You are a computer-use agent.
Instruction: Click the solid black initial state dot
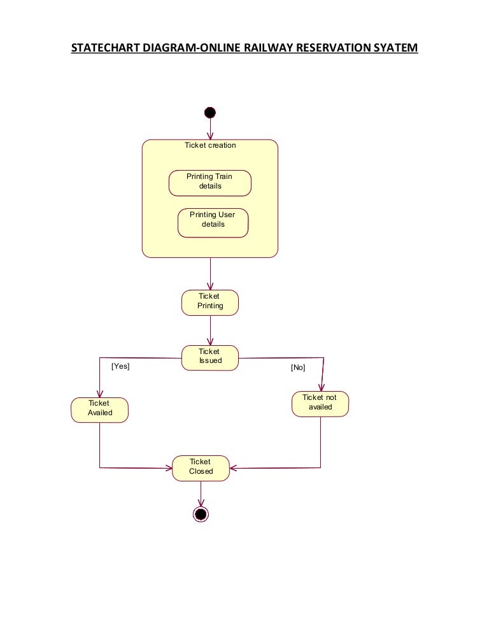coord(210,113)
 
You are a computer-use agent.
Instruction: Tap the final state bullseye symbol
coord(201,514)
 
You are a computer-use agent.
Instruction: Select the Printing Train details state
coord(210,183)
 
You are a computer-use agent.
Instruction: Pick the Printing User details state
coord(213,223)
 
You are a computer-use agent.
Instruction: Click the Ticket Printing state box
coord(210,302)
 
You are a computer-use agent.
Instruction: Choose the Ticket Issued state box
coord(210,358)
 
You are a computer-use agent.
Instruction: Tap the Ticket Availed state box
coord(100,409)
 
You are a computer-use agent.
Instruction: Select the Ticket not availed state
coord(320,404)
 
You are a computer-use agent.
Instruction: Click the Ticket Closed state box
coord(201,468)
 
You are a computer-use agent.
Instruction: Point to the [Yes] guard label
coord(120,366)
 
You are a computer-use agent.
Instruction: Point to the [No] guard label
coord(298,367)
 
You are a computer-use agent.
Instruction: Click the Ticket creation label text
coord(210,145)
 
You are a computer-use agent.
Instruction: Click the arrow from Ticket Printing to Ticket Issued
coord(210,331)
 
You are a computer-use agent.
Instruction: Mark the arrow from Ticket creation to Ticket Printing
coord(210,274)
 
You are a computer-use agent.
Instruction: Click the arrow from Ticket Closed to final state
coord(201,494)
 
